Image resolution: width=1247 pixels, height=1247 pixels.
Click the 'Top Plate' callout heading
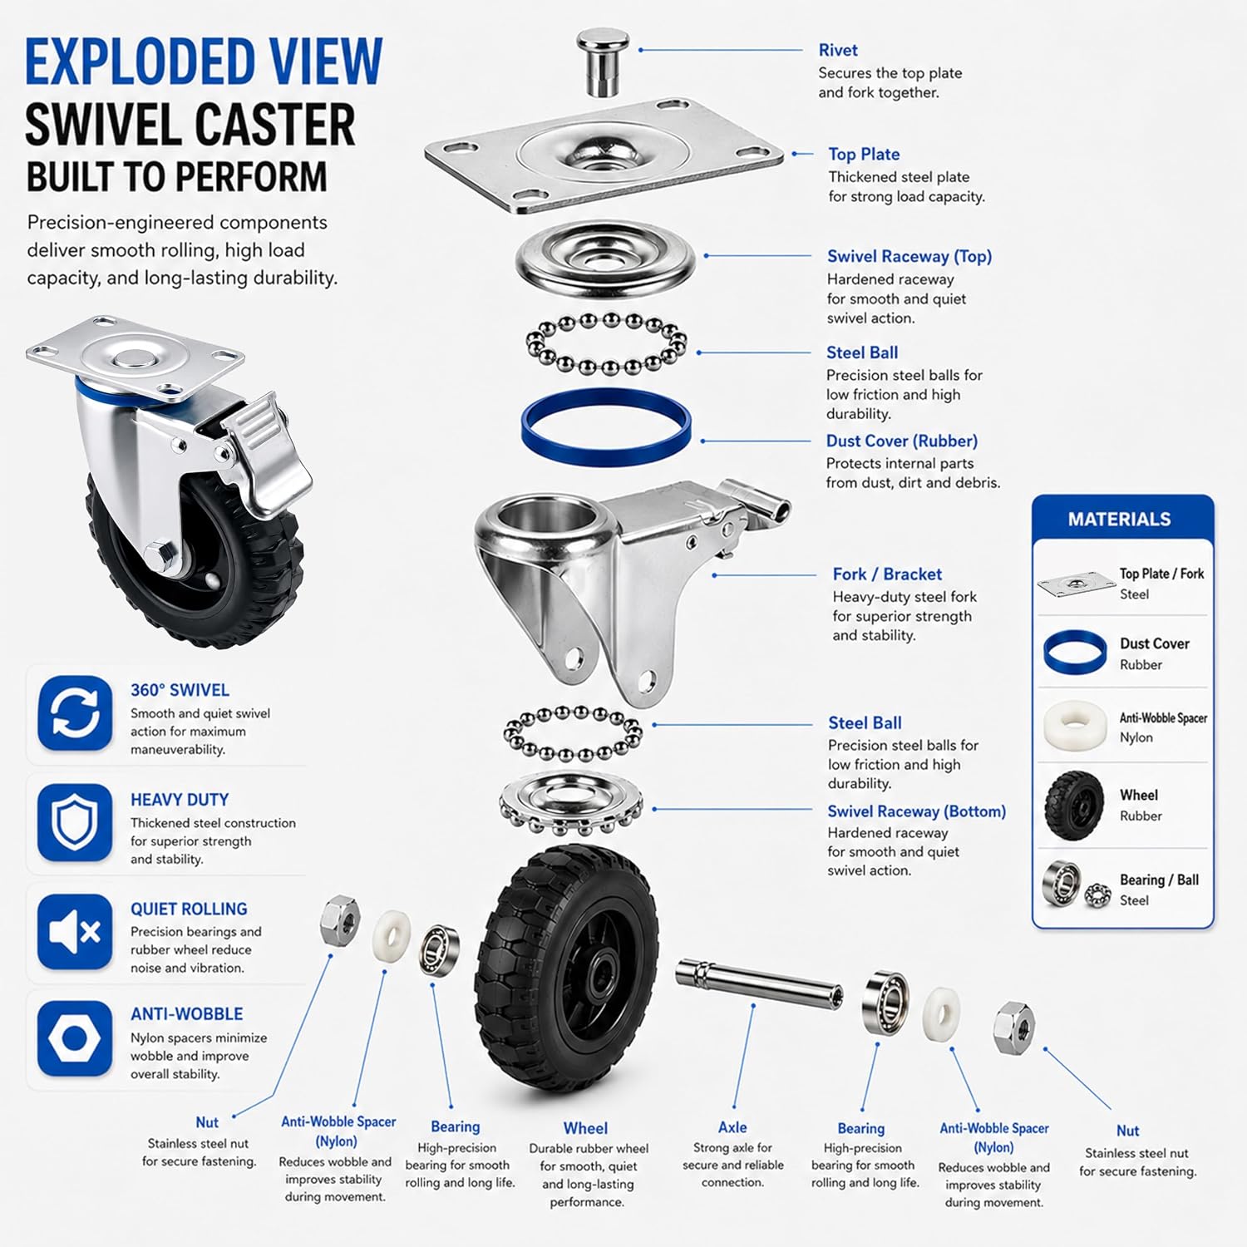click(x=864, y=154)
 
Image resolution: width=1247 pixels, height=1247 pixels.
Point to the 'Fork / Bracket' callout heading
click(x=887, y=574)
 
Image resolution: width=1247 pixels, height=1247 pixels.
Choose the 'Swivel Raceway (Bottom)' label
click(x=916, y=811)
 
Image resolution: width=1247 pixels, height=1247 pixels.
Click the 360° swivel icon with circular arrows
click(x=75, y=713)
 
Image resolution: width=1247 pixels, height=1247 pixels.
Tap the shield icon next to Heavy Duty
click(x=75, y=822)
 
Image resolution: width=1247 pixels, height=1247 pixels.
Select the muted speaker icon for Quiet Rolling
click(x=75, y=932)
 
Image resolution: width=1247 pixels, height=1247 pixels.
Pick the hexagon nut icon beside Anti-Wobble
click(x=75, y=1039)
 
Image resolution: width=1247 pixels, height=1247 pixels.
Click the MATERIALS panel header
click(x=1119, y=520)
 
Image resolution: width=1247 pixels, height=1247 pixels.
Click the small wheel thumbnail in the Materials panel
click(x=1074, y=806)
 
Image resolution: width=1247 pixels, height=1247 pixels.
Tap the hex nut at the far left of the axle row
click(x=341, y=920)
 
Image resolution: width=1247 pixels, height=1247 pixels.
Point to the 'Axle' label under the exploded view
click(x=732, y=1127)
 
